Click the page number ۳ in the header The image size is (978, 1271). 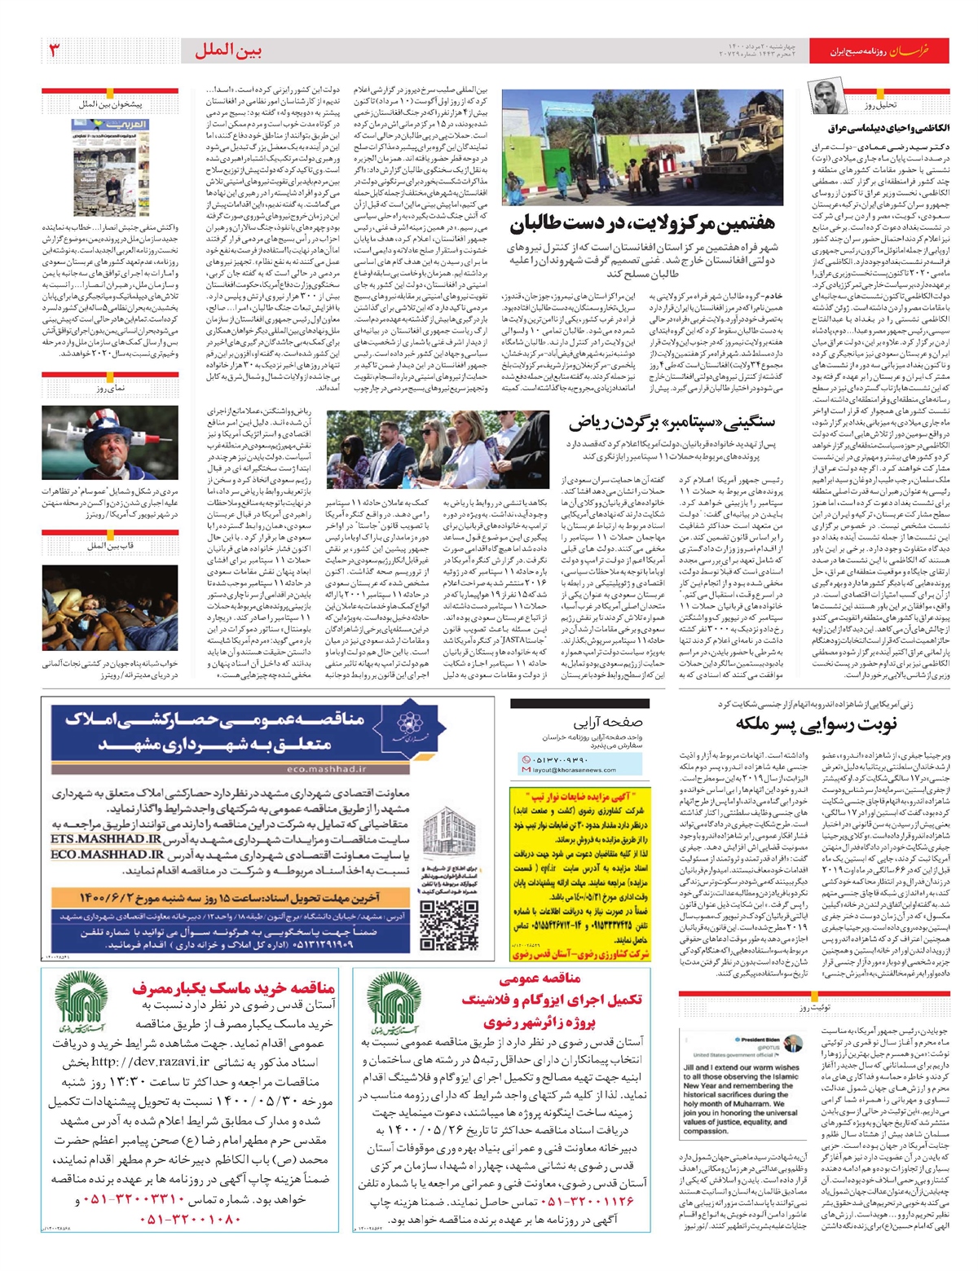tap(55, 51)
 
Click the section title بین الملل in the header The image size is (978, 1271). tap(228, 51)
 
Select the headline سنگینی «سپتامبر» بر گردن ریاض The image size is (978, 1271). tap(672, 422)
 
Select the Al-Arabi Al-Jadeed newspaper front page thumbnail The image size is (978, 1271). tap(122, 167)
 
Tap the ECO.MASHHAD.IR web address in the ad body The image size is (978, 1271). tap(106, 855)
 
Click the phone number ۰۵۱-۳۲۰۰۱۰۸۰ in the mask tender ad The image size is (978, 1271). tap(192, 1219)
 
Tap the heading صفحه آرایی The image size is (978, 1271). tap(606, 722)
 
